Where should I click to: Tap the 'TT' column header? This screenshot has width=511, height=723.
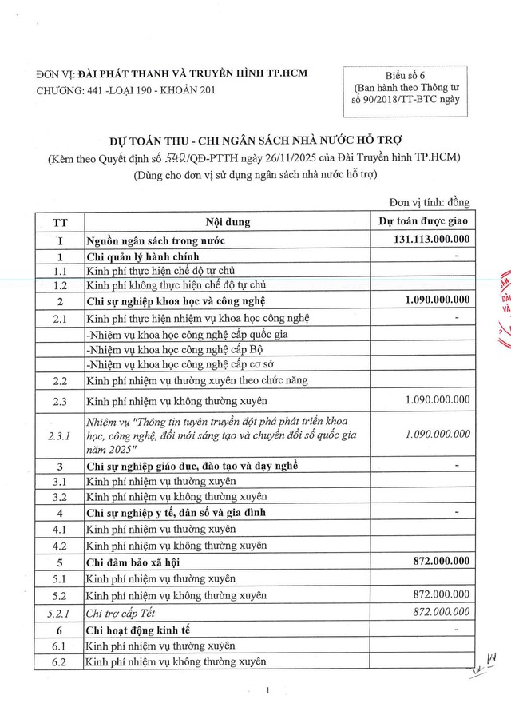click(60, 220)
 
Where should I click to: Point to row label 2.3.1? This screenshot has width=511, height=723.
click(60, 435)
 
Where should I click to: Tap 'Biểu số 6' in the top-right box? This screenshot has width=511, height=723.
click(405, 75)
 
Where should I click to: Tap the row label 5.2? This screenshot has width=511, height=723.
click(60, 595)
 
